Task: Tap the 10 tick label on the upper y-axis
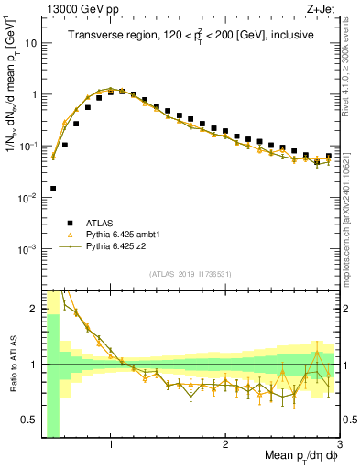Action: [x=31, y=43]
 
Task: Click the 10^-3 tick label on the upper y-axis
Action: [x=29, y=249]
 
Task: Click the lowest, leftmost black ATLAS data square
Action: [x=53, y=189]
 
